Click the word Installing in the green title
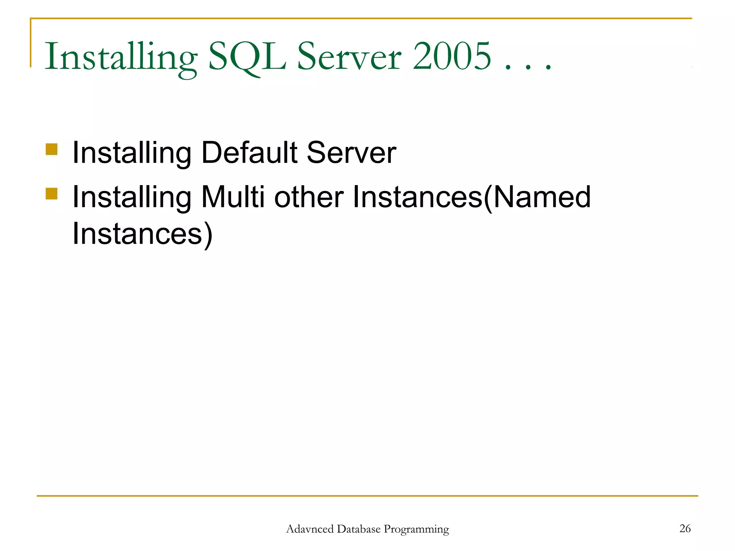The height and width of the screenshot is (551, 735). [x=121, y=57]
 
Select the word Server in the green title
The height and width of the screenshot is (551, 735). [x=349, y=57]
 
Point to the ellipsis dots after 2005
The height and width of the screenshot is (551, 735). [x=528, y=66]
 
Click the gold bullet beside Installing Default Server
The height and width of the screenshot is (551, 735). [x=52, y=149]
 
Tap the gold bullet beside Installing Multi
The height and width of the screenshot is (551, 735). [x=52, y=193]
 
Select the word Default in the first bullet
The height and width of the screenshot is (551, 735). [x=249, y=152]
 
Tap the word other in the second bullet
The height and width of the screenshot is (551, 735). [x=309, y=197]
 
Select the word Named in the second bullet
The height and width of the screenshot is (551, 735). [x=542, y=197]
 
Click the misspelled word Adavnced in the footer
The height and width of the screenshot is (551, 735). [x=310, y=529]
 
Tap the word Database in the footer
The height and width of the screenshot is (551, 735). [x=359, y=529]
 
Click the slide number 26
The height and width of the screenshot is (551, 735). [x=685, y=528]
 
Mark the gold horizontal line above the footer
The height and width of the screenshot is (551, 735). [x=367, y=496]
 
